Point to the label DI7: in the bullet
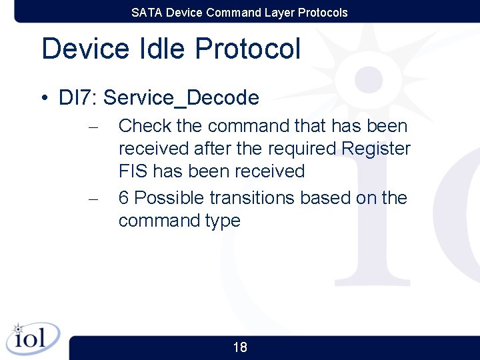78,98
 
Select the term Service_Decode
181,98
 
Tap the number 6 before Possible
124,198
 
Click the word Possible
169,198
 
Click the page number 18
240,347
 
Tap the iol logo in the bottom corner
33,339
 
